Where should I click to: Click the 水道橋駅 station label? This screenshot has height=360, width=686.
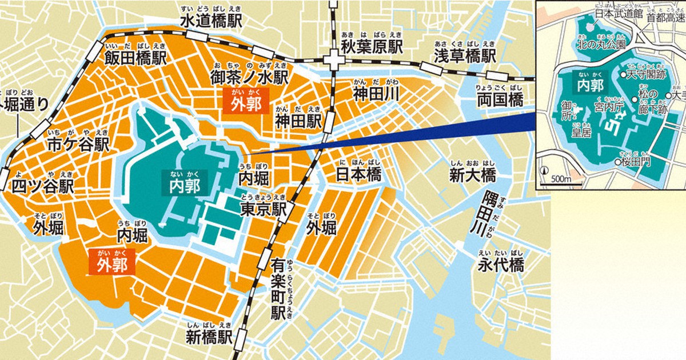[x=211, y=21]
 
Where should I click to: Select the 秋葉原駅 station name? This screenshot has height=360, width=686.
[x=372, y=46]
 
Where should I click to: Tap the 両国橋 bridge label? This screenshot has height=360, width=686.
[x=500, y=101]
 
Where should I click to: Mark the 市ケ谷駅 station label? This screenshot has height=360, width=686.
[x=78, y=145]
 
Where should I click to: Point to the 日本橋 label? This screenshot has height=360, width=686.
[x=358, y=174]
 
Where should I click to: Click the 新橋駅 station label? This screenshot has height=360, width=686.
[x=209, y=337]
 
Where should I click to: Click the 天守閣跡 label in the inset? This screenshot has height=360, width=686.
[x=647, y=74]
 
